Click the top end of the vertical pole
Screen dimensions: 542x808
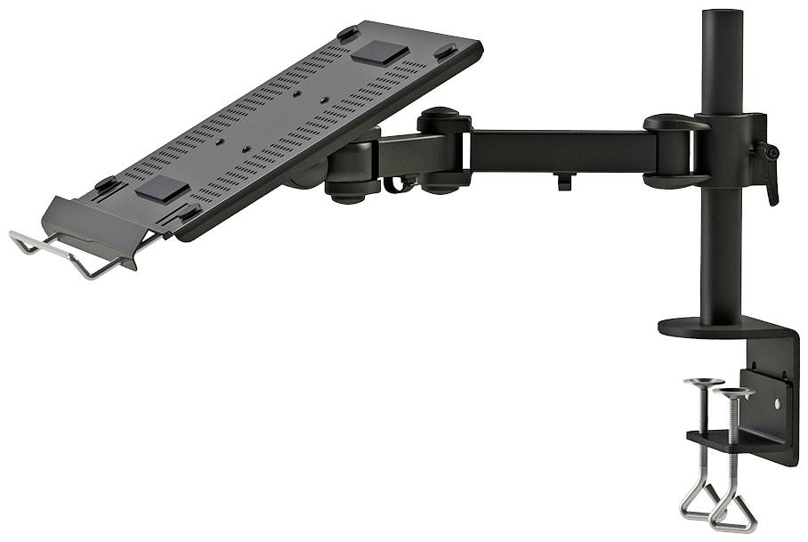722,14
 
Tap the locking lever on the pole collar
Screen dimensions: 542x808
766,169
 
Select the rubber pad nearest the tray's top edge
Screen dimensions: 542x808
380,50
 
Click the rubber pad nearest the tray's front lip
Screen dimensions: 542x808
163,188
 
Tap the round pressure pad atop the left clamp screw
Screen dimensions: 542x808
703,383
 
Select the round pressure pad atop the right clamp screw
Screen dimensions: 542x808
733,392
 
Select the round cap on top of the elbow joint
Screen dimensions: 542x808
441,116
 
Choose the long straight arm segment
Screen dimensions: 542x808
561,151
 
